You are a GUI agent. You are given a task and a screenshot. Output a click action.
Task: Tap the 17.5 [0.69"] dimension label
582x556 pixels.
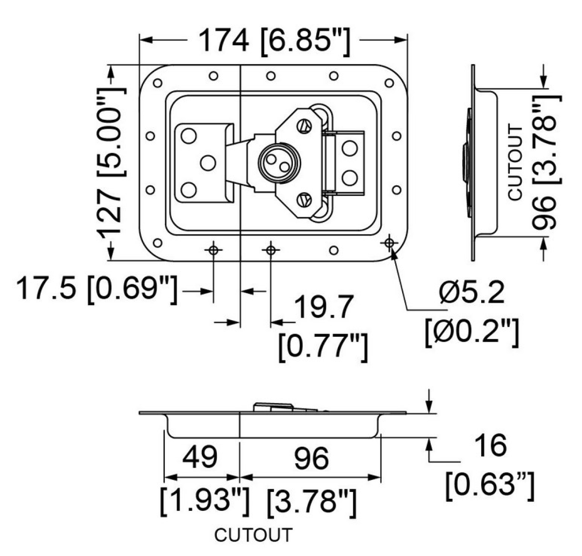click(x=96, y=290)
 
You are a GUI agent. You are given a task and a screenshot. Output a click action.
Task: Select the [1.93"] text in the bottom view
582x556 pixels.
click(x=204, y=502)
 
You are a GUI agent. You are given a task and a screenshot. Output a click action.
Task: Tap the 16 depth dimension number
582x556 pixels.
click(x=490, y=445)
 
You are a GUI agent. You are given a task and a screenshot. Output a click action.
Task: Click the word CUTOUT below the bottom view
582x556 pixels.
click(x=254, y=535)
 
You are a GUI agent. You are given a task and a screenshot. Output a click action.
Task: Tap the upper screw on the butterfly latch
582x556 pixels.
click(x=305, y=126)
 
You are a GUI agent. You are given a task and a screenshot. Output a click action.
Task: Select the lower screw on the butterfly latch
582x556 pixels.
click(x=305, y=198)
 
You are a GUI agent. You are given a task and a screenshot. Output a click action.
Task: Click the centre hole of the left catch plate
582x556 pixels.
click(x=208, y=163)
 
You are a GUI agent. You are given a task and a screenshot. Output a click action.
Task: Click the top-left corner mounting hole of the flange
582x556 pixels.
click(x=157, y=83)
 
